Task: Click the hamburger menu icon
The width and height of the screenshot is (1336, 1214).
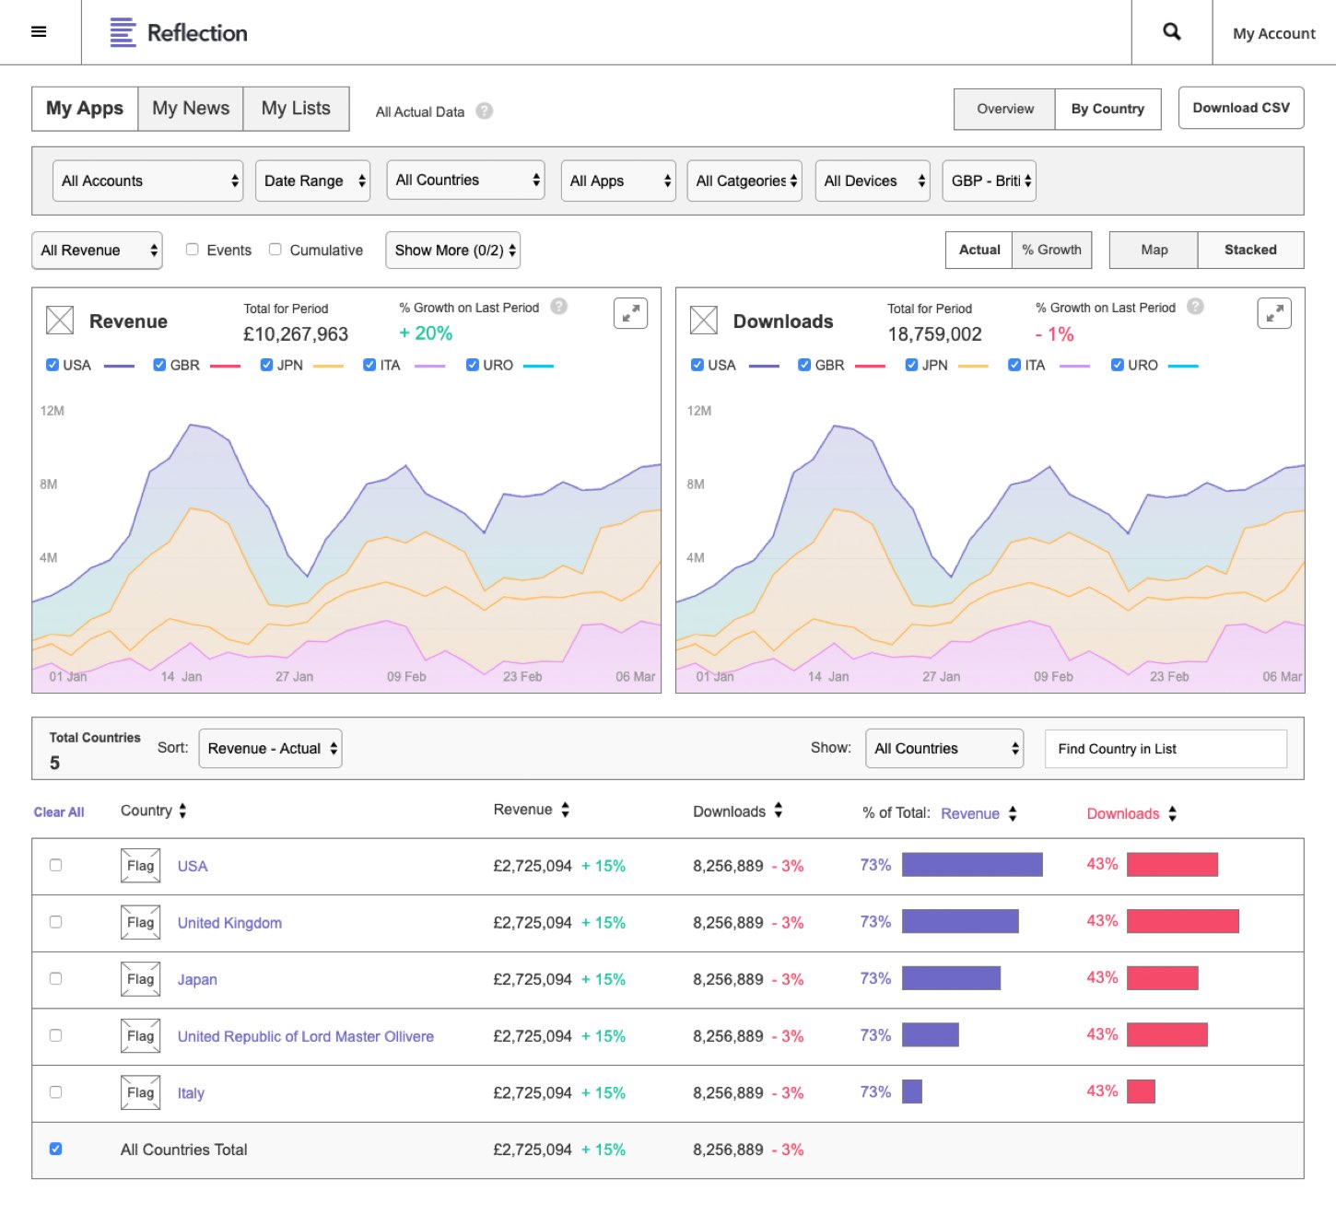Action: click(x=39, y=32)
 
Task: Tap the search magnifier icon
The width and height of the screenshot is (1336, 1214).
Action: click(x=1171, y=32)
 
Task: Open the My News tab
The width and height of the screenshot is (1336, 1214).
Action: click(x=191, y=109)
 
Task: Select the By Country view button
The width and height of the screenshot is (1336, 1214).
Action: click(x=1107, y=109)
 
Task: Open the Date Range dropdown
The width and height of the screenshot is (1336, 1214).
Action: click(x=313, y=181)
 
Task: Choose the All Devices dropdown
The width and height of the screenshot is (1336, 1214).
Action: click(x=873, y=181)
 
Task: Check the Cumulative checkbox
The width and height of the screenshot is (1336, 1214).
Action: click(x=275, y=250)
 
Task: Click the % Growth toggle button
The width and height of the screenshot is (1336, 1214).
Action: click(x=1051, y=250)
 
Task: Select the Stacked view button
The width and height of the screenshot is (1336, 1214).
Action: click(x=1250, y=250)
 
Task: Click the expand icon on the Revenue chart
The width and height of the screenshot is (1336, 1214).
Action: click(x=630, y=314)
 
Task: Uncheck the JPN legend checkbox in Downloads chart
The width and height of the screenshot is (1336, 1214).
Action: click(x=911, y=365)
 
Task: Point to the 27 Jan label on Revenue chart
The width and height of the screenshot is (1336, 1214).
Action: click(x=294, y=677)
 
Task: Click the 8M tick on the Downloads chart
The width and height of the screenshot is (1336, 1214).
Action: click(x=696, y=484)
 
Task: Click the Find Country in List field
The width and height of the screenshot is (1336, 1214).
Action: click(x=1166, y=749)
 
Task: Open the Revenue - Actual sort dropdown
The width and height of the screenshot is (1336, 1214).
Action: click(x=271, y=749)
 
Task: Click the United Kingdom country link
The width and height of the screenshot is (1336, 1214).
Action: click(x=229, y=923)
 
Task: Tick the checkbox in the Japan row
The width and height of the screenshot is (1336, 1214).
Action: click(x=56, y=979)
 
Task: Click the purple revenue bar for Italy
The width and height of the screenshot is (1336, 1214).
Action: click(x=912, y=1092)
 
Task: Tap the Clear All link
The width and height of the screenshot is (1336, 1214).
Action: click(x=59, y=812)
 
